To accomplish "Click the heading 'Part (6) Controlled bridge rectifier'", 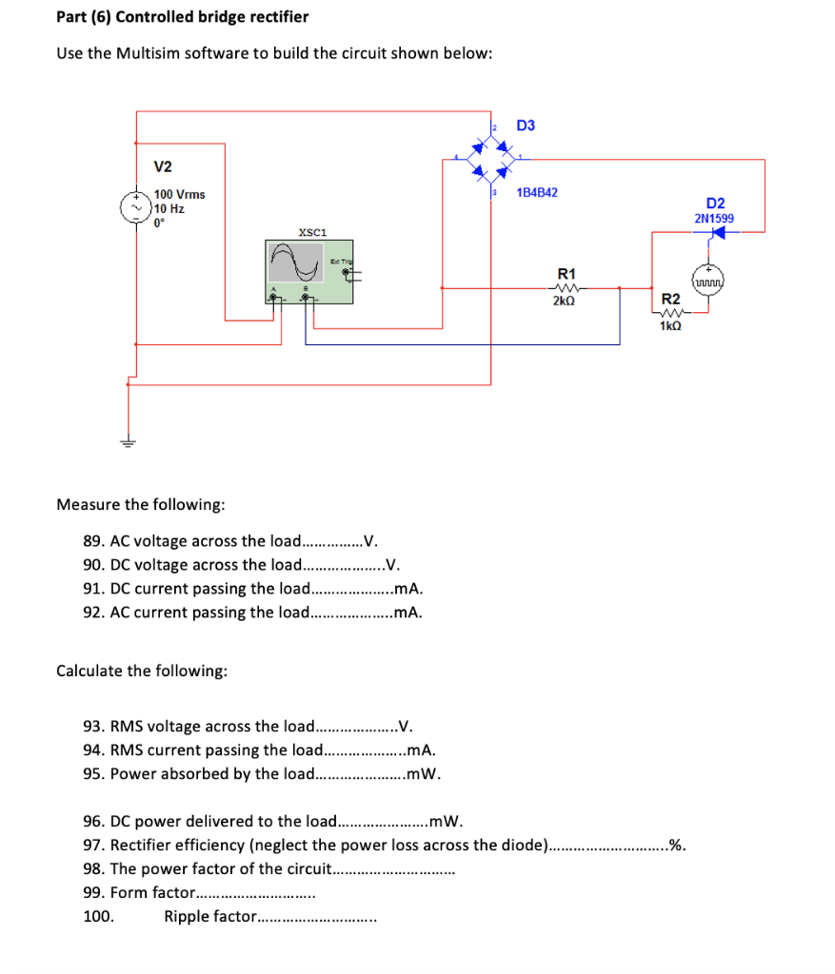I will (x=182, y=17).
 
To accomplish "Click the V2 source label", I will (x=163, y=167).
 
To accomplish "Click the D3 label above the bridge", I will (x=526, y=126).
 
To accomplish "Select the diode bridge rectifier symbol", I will (x=493, y=159).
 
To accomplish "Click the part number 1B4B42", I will (x=537, y=192).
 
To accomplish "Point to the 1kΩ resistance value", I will (x=670, y=325).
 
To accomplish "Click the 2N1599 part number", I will (x=714, y=218).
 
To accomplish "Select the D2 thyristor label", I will (x=715, y=203).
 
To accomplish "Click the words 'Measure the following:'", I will (x=141, y=503).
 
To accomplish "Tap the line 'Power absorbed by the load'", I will (x=262, y=773).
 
